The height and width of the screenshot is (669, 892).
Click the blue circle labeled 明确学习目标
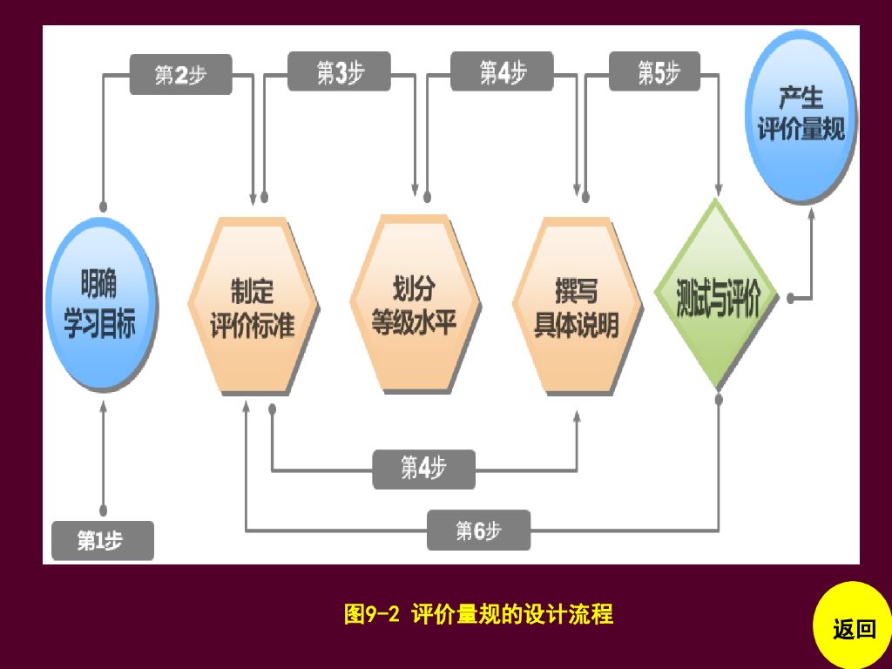click(102, 305)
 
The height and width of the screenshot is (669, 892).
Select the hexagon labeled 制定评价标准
click(253, 305)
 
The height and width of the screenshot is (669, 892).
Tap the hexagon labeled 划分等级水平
click(414, 302)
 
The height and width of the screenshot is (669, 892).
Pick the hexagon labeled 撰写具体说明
click(577, 305)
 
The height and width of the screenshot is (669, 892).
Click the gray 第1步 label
click(102, 540)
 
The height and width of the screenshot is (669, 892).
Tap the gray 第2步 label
click(180, 74)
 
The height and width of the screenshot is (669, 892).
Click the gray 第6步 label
click(478, 530)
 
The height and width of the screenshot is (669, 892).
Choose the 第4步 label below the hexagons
click(423, 469)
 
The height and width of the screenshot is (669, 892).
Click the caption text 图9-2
click(371, 614)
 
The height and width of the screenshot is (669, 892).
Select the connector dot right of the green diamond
click(790, 297)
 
